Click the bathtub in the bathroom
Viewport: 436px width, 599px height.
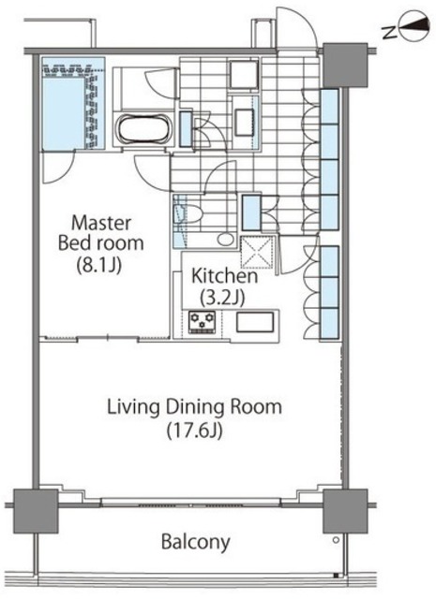point(143,129)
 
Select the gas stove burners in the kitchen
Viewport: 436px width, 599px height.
point(203,322)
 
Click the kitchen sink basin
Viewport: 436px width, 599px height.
point(255,322)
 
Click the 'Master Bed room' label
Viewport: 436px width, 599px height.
point(100,233)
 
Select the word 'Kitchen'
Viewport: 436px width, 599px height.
point(224,276)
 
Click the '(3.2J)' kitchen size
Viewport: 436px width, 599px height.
point(222,298)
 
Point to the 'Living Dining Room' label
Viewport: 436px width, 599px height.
point(194,407)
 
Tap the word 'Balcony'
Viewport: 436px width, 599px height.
point(196,542)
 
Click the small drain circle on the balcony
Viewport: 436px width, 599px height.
point(336,540)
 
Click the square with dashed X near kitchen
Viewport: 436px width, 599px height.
point(257,253)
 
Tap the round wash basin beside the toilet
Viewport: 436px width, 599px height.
point(225,240)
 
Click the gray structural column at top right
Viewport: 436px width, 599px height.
point(345,66)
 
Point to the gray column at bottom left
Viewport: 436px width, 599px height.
point(36,511)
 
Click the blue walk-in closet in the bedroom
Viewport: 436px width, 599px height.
point(73,104)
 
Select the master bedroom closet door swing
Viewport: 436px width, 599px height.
point(57,167)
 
